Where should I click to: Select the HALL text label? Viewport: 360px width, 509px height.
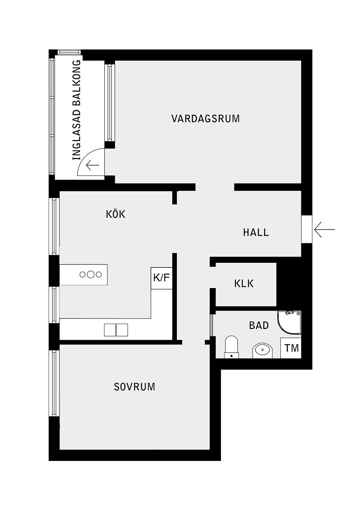[256, 232]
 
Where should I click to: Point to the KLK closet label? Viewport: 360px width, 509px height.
[244, 284]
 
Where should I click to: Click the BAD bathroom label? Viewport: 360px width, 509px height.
[259, 325]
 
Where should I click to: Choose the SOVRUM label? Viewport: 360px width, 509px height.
[134, 386]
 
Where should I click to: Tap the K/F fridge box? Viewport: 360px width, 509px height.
[162, 278]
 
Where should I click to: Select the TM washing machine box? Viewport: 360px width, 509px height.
[291, 348]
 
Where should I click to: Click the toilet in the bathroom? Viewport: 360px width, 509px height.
[231, 347]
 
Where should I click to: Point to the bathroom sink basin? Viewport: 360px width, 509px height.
[262, 349]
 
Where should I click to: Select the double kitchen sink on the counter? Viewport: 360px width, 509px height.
[116, 330]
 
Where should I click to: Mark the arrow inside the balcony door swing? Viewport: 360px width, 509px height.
[92, 166]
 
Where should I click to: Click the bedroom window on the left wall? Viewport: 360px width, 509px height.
[54, 383]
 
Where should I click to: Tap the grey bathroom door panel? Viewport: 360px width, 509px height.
[211, 325]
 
